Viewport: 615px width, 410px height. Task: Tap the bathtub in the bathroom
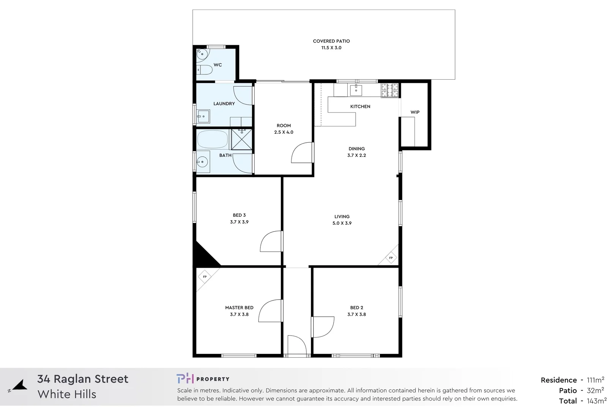pyautogui.click(x=213, y=139)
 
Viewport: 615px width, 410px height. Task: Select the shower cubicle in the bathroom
pyautogui.click(x=242, y=139)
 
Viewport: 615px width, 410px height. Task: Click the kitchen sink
pyautogui.click(x=356, y=90)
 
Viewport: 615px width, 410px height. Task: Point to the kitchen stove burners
pyautogui.click(x=389, y=90)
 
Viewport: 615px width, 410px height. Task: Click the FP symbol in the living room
pyautogui.click(x=391, y=258)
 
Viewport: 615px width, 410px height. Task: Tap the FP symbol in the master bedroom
pyautogui.click(x=205, y=277)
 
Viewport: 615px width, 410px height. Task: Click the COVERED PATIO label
pyautogui.click(x=331, y=41)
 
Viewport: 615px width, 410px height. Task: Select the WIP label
pyautogui.click(x=415, y=112)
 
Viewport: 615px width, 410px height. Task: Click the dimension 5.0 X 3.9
pyautogui.click(x=342, y=223)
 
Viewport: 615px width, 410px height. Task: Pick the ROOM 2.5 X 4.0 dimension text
pyautogui.click(x=284, y=132)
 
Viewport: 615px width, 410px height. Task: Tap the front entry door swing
pyautogui.click(x=296, y=345)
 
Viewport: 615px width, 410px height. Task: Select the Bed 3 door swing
pyautogui.click(x=271, y=241)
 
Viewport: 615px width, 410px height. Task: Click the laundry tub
pyautogui.click(x=203, y=116)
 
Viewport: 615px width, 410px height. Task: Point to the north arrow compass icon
pyautogui.click(x=18, y=386)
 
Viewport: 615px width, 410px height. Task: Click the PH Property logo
pyautogui.click(x=203, y=379)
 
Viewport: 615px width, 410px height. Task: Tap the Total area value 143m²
pyautogui.click(x=596, y=401)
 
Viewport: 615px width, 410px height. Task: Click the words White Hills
pyautogui.click(x=67, y=394)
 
